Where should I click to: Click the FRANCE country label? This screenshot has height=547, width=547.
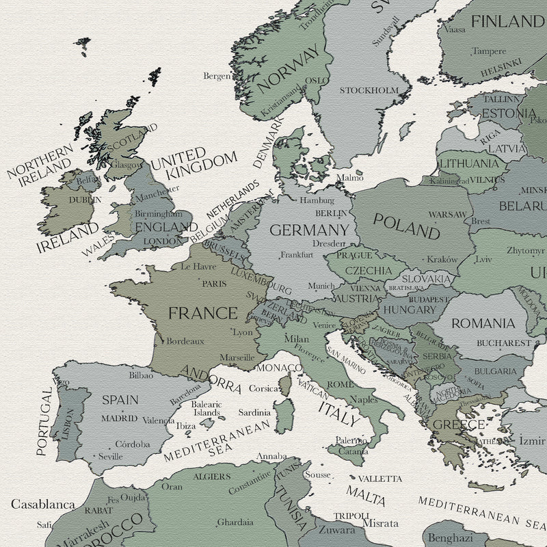click(202, 314)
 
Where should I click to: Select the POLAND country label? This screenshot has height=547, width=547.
click(406, 225)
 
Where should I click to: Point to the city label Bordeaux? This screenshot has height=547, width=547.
click(185, 341)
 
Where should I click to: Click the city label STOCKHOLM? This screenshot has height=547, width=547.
click(369, 90)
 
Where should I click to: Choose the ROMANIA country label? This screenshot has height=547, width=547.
click(483, 323)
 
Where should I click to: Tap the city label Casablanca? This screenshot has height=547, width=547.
click(43, 505)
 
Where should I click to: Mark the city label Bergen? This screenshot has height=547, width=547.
click(217, 76)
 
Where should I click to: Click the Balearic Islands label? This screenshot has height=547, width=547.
click(206, 408)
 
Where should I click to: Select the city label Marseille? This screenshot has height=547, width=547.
click(237, 357)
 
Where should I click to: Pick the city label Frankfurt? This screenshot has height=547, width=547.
click(297, 255)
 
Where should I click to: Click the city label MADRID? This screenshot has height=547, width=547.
click(119, 418)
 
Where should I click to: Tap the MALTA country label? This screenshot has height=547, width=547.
click(365, 492)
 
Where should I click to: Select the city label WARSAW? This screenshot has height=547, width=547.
click(447, 214)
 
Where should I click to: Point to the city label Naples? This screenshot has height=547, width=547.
click(364, 399)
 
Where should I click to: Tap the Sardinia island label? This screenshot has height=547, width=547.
click(254, 412)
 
